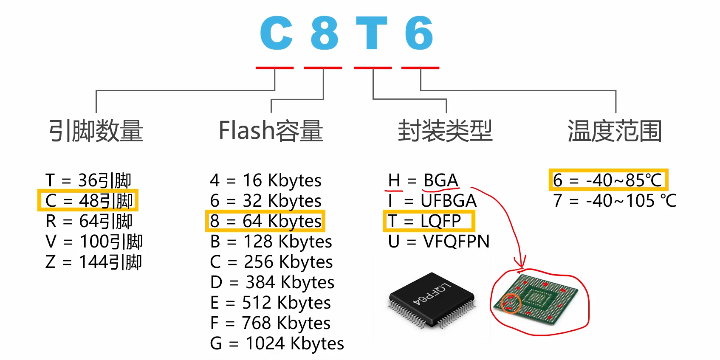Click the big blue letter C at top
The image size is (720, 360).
pos(277,33)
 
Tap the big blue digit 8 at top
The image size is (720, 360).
pos(324,33)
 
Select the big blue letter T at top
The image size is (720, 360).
pos(372,33)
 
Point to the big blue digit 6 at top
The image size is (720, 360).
pos(419,33)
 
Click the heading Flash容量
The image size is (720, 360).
pos(271,131)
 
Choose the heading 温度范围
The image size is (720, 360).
pos(615,131)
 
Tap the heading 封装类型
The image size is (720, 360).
pos(445,131)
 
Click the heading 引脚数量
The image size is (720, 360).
pos(96,131)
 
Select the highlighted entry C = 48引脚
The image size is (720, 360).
pos(88,200)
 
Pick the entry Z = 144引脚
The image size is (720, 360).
pos(93,262)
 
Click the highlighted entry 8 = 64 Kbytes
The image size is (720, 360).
pos(265,221)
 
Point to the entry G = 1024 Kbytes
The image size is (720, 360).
pos(277,343)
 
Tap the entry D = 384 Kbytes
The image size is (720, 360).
pos(272,282)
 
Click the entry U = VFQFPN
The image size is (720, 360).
pos(438,242)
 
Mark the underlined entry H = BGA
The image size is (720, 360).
pos(423,180)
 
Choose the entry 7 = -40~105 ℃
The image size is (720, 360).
pos(614,201)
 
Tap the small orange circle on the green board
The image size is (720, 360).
pos(511,304)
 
